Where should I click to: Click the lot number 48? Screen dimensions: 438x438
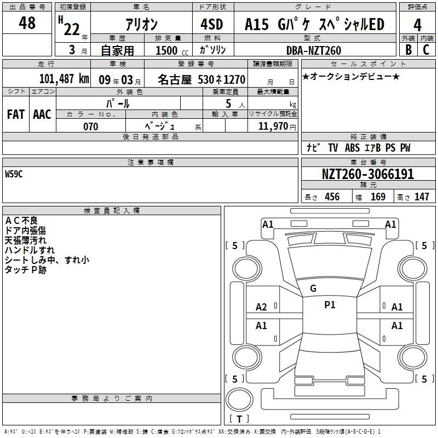point(27,22)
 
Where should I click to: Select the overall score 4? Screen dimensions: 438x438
point(417,25)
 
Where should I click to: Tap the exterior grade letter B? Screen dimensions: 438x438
point(408,50)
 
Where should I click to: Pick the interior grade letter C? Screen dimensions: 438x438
point(426,50)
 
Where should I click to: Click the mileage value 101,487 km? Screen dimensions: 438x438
point(64,79)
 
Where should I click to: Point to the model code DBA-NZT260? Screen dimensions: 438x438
point(314,50)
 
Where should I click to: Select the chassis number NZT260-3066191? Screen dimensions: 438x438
point(368,174)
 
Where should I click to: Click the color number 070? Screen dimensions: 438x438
point(91,126)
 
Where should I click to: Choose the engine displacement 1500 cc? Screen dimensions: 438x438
point(172,50)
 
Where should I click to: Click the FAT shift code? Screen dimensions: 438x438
point(16,114)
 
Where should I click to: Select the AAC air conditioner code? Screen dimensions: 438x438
point(42,114)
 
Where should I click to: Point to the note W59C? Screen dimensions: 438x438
point(14,174)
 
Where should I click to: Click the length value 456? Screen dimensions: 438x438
point(332,197)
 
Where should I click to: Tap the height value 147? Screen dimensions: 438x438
point(422,197)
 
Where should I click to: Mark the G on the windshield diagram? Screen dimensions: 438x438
point(313,289)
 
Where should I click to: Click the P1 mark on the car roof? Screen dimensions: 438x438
point(330,305)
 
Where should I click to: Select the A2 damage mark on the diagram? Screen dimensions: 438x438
point(261,307)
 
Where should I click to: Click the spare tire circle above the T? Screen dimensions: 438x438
point(239,400)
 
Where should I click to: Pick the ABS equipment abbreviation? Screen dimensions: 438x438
point(352,148)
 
